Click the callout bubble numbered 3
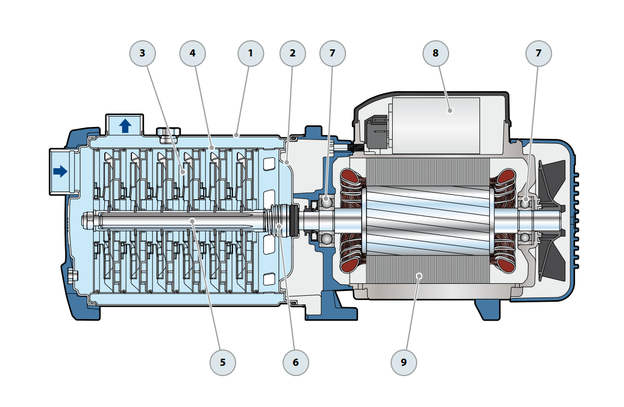pyautogui.click(x=142, y=53)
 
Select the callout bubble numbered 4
pyautogui.click(x=192, y=53)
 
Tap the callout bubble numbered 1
pyautogui.click(x=250, y=53)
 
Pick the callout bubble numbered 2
pyautogui.click(x=293, y=53)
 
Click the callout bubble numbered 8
pyautogui.click(x=436, y=53)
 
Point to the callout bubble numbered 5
pyautogui.click(x=223, y=362)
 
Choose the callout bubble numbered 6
pyautogui.click(x=295, y=362)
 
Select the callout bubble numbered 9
pyautogui.click(x=404, y=362)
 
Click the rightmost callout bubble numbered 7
pyautogui.click(x=538, y=53)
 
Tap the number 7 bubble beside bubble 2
pyautogui.click(x=332, y=53)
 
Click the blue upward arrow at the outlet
pyautogui.click(x=125, y=126)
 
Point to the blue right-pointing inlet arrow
pyautogui.click(x=60, y=171)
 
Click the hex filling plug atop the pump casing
pyautogui.click(x=168, y=132)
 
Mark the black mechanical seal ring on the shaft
pyautogui.click(x=294, y=221)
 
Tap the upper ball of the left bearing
pyautogui.click(x=326, y=201)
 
